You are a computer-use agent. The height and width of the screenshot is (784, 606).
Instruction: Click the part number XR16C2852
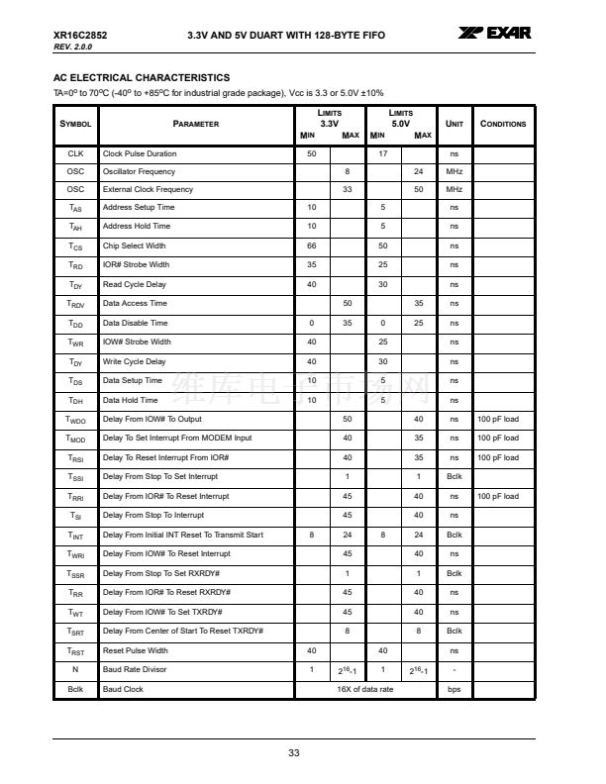point(80,36)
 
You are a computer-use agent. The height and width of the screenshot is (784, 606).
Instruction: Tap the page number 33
point(294,753)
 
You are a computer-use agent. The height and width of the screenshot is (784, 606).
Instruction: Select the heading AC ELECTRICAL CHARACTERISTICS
point(142,77)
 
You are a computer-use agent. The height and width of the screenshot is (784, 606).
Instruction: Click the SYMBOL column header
point(76,124)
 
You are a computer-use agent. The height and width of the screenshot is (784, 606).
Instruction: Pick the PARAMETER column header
point(195,124)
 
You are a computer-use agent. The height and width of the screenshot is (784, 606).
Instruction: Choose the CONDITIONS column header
point(503,124)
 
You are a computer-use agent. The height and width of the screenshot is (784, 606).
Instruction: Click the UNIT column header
point(454,124)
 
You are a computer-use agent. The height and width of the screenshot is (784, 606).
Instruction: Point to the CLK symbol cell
point(76,154)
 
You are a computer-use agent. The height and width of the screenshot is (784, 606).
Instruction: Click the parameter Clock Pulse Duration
point(140,154)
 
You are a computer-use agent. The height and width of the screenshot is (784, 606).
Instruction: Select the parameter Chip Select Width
point(135,245)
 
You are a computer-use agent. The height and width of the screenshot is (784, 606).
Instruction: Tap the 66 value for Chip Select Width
point(312,245)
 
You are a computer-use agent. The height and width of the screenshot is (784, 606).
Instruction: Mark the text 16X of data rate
point(365,689)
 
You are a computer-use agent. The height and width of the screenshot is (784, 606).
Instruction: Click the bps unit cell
point(454,689)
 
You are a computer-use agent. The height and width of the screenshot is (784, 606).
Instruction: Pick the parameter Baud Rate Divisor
point(136,670)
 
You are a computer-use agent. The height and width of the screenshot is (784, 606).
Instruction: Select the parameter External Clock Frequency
point(149,189)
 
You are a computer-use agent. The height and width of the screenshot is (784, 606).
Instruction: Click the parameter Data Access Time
point(135,303)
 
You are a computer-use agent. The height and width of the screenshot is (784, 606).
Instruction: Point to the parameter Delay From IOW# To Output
point(152,419)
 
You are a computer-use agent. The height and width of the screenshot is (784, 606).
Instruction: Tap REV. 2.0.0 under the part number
point(72,47)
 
